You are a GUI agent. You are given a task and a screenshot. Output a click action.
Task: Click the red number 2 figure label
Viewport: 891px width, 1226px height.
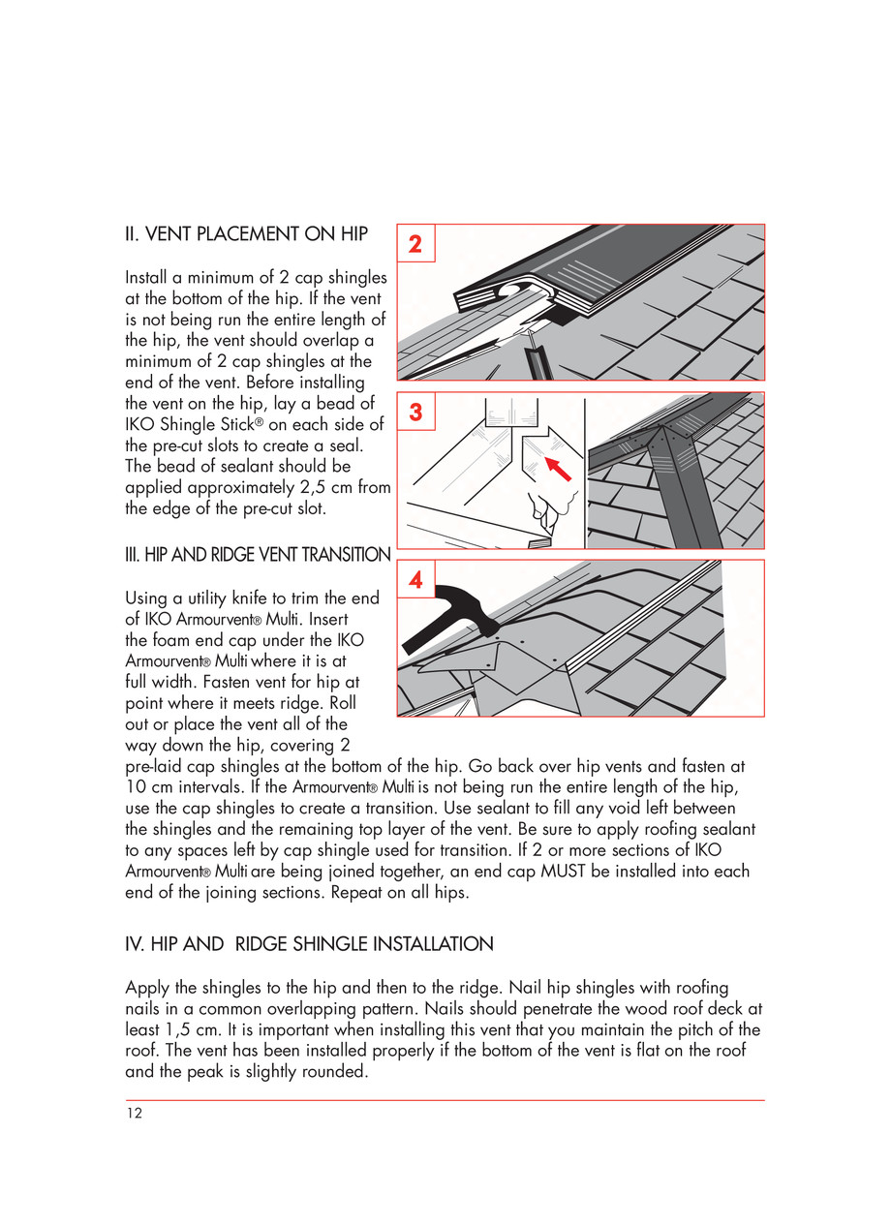pos(415,244)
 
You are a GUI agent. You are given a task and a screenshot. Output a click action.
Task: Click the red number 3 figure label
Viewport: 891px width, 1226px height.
pos(415,412)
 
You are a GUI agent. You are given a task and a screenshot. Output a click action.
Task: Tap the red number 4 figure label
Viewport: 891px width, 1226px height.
pos(415,580)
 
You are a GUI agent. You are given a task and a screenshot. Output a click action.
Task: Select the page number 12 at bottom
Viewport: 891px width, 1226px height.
pos(134,1114)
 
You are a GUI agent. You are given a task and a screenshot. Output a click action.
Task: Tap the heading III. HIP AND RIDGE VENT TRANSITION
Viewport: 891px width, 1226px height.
pos(258,555)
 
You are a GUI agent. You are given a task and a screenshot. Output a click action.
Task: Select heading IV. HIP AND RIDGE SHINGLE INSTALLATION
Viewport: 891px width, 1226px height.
pos(309,943)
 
